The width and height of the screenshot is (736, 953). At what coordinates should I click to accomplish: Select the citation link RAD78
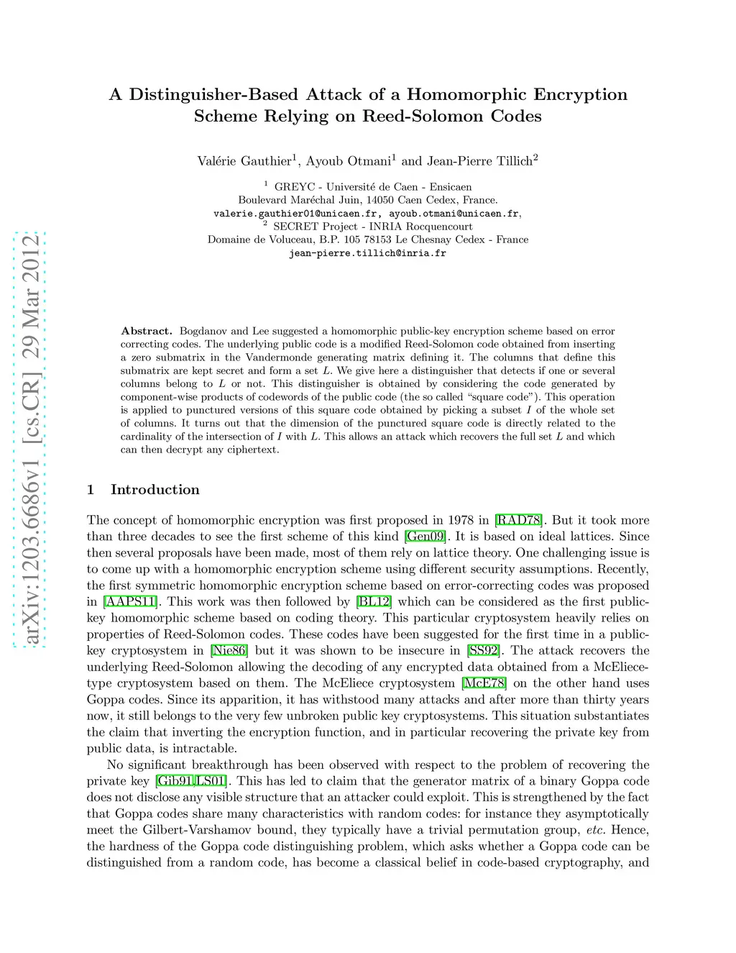519,520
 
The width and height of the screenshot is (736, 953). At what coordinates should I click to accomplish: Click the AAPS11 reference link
130,602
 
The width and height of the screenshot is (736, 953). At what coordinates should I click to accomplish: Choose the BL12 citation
374,602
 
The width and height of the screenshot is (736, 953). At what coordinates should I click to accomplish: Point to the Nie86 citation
229,651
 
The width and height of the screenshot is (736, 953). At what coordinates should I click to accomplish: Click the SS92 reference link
483,651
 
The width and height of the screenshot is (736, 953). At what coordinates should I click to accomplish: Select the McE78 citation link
484,683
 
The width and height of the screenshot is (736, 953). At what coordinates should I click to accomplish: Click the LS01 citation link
211,781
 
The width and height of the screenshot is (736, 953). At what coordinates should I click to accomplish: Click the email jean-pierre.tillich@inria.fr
367,253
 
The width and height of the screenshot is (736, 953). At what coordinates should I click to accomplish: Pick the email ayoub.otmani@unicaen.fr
454,214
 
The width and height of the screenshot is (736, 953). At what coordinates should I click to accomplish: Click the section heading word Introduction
155,490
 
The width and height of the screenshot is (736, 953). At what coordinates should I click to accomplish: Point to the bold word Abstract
146,331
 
